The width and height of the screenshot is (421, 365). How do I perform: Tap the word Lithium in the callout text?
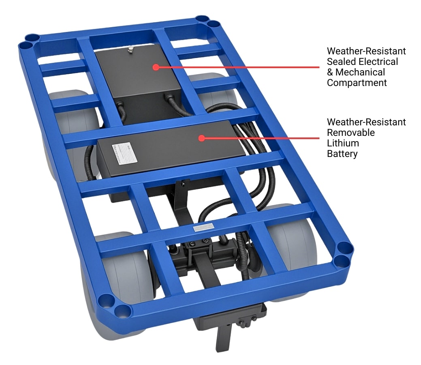(x=342, y=143)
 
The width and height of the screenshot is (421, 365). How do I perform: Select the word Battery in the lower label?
(x=342, y=154)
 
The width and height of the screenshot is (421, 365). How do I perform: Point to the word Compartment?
(x=357, y=83)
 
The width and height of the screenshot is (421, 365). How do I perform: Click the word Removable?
(x=351, y=133)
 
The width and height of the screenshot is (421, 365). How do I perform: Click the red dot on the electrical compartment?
(x=156, y=67)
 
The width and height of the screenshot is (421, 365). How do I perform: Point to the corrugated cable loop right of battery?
(x=259, y=170)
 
